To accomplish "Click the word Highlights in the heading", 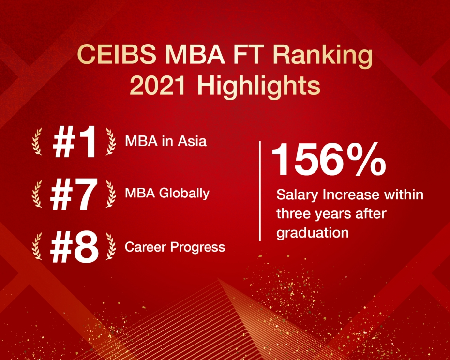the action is tap(258, 88).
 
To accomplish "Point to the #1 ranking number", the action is tap(75, 142).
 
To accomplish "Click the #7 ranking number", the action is tap(74, 195).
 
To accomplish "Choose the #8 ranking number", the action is tap(74, 247).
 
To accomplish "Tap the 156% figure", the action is tap(329, 159).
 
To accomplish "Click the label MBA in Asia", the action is tap(165, 141).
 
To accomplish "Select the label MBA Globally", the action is tap(167, 193).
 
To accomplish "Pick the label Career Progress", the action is tap(175, 247).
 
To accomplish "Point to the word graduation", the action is tap(313, 233).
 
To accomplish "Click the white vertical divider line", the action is tap(260, 191).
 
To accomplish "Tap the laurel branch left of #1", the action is tap(37, 142).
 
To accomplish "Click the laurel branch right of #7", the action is tap(111, 194).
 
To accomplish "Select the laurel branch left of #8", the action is tap(37, 247).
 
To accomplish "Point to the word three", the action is tap(294, 214).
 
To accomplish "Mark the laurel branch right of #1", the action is tap(111, 142).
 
